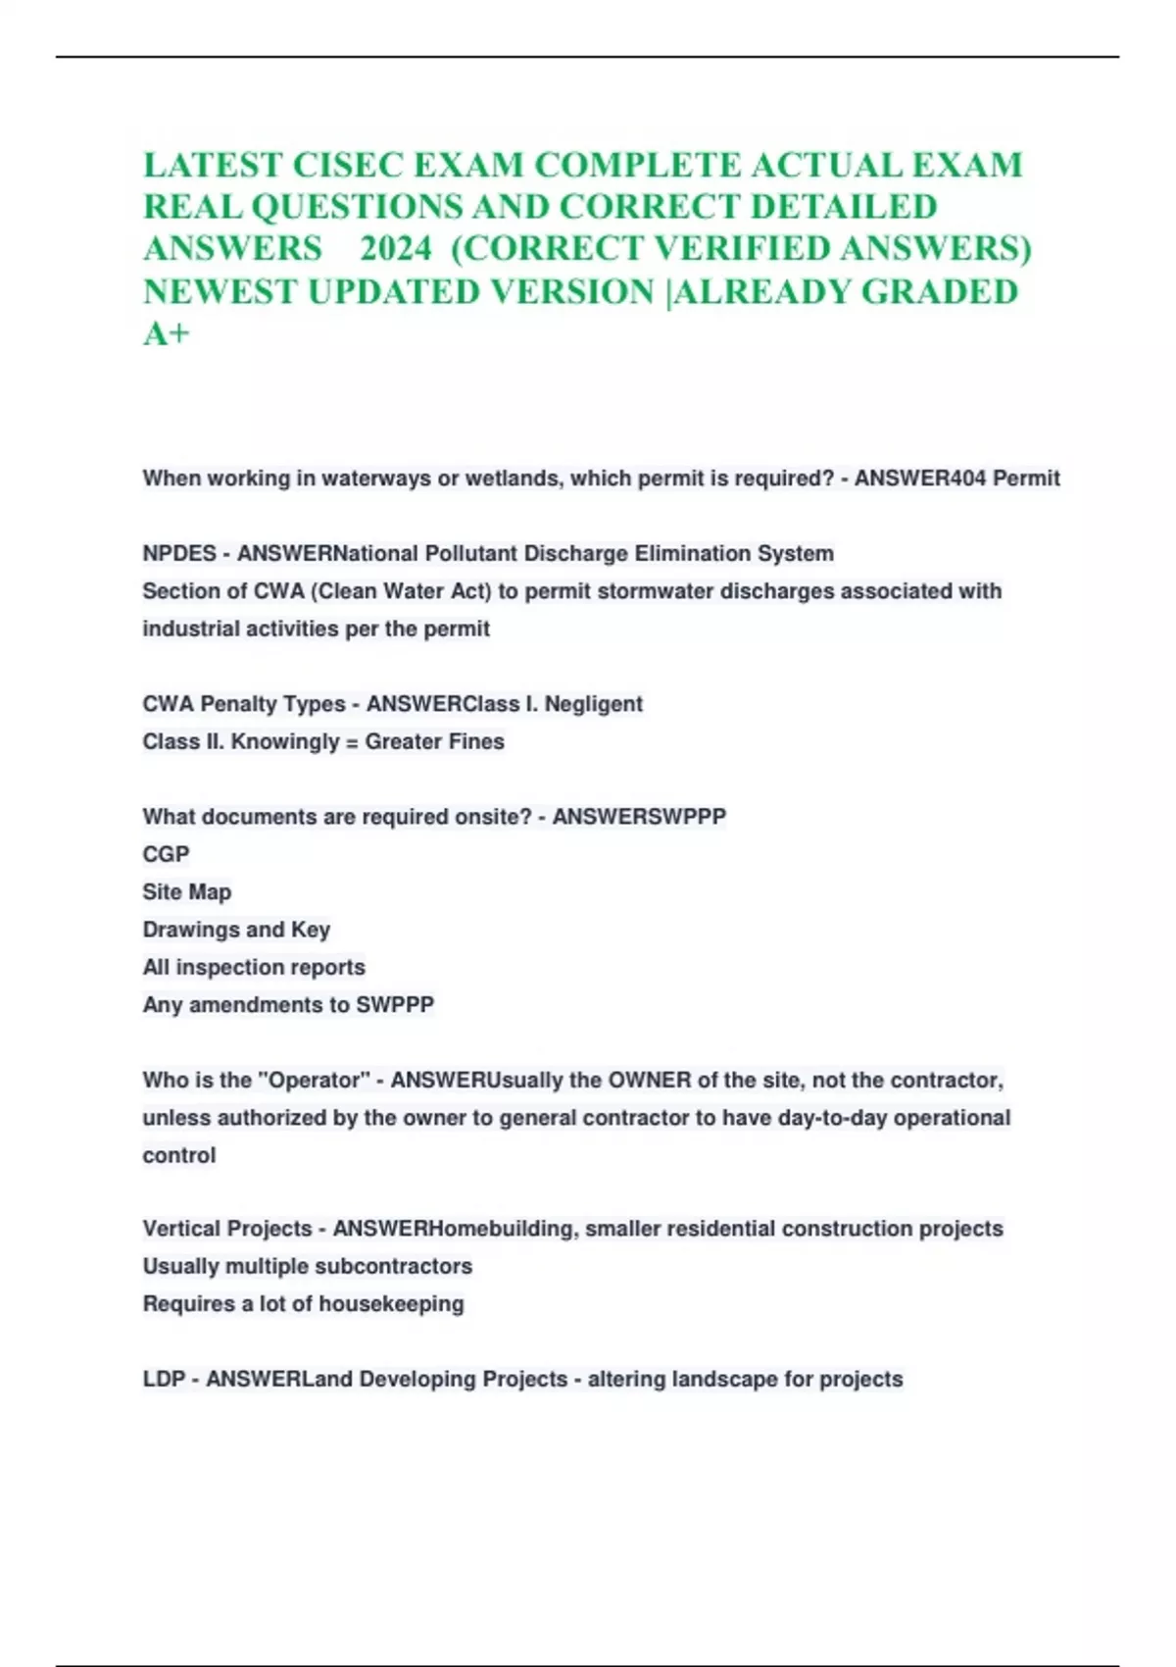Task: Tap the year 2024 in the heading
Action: [395, 249]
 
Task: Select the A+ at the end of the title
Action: [166, 334]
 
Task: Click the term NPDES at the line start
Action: [179, 553]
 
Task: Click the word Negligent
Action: [594, 704]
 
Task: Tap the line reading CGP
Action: [166, 854]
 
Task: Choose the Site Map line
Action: [187, 892]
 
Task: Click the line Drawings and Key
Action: [236, 930]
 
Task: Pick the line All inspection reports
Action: [254, 967]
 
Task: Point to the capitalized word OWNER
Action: [650, 1081]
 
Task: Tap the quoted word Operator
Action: [314, 1081]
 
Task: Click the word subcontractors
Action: [397, 1267]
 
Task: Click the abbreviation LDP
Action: [163, 1380]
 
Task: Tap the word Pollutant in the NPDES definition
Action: [471, 553]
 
